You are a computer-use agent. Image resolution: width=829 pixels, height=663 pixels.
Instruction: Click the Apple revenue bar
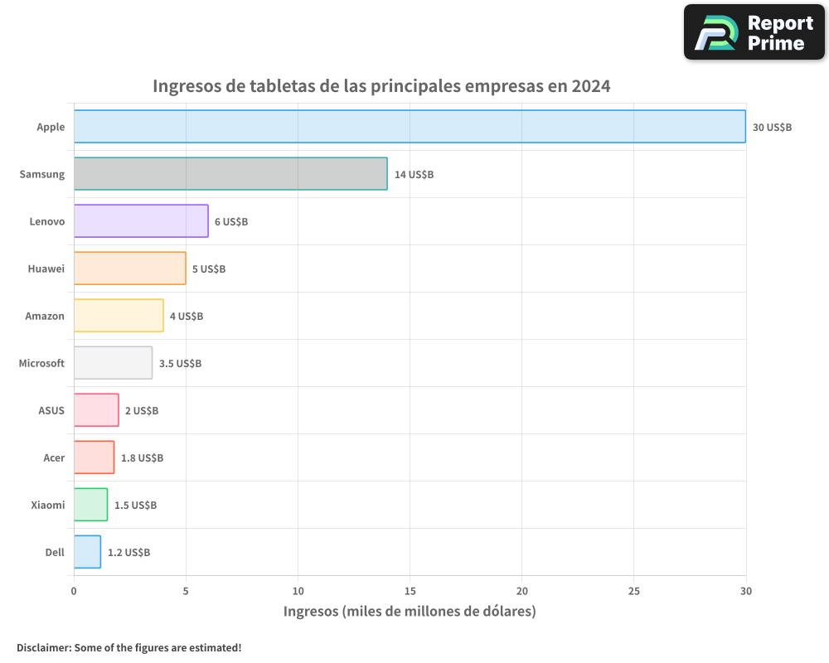point(410,127)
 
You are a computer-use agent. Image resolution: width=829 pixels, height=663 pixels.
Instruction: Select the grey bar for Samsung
point(230,174)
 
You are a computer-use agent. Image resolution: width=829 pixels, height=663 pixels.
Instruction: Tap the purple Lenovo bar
point(141,221)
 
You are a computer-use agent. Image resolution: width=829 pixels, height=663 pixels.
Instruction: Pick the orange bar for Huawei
point(129,269)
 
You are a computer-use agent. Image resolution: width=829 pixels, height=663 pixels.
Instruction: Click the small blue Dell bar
point(87,552)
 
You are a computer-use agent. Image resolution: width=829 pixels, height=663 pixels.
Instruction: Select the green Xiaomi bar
point(90,505)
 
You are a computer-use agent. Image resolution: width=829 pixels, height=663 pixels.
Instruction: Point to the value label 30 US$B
point(772,128)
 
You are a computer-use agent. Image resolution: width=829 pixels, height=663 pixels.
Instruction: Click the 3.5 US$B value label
point(180,364)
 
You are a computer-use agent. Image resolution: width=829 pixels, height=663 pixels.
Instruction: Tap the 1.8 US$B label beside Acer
point(142,458)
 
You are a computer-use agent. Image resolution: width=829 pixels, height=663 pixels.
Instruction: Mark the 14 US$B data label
point(414,175)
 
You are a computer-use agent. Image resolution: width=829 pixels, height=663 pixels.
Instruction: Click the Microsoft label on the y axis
point(41,363)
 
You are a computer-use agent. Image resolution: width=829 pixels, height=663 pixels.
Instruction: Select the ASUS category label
point(51,410)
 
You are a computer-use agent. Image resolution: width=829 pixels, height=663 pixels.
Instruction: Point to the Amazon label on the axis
point(45,316)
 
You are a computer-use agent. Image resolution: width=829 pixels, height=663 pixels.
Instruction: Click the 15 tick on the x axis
point(410,591)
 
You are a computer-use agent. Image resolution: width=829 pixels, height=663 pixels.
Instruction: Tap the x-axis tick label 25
point(633,591)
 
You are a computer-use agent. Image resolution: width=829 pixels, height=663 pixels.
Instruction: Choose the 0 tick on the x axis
point(74,591)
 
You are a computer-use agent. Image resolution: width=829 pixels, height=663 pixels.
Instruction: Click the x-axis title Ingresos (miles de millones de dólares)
point(410,612)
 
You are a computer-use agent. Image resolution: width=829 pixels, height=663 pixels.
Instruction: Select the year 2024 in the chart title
point(590,86)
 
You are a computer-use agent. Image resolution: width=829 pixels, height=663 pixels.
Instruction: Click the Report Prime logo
point(754,32)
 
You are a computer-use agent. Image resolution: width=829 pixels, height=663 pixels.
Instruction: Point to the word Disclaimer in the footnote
point(42,647)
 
